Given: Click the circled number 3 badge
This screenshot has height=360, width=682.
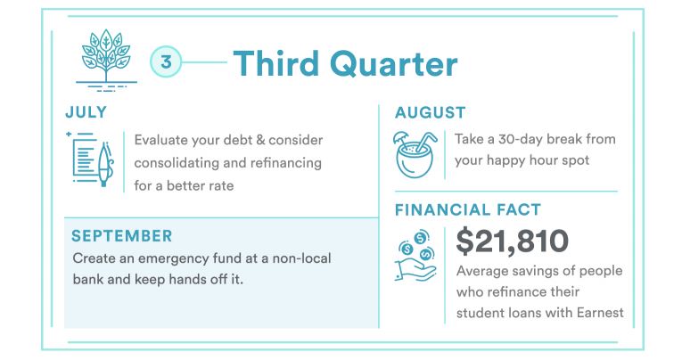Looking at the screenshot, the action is pos(166,62).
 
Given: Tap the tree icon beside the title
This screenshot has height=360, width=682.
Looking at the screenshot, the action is pos(106,60).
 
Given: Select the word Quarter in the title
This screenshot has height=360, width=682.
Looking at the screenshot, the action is pos(397,64).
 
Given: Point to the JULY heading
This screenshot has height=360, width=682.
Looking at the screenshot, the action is pos(86,112).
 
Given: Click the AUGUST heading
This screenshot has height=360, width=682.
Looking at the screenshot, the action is pos(431,113).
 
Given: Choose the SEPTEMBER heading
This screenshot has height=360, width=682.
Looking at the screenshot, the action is pos(122,236).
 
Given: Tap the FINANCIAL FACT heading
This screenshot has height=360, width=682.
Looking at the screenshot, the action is pos(468,210).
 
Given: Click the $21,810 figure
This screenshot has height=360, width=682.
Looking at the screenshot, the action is pos(513,241).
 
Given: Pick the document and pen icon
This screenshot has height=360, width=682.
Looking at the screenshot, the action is pos(90,160).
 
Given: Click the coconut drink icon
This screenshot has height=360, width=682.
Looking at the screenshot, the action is pos(415,155).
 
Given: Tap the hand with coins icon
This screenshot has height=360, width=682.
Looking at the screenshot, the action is pos(415,256).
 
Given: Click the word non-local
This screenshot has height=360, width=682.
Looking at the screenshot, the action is pos(302,258).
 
